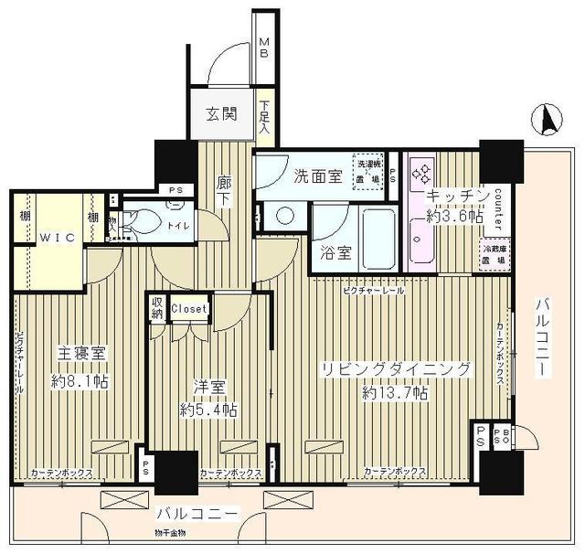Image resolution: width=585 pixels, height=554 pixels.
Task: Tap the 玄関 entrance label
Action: click(221, 114)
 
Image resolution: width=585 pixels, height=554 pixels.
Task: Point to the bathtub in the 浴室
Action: click(377, 235)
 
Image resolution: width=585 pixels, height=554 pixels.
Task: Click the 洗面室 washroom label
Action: click(318, 176)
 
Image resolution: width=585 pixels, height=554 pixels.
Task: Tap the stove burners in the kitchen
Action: click(422, 171)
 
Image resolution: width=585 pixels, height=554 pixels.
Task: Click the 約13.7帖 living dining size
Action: click(394, 392)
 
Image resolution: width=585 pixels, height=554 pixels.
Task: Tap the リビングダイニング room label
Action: click(394, 369)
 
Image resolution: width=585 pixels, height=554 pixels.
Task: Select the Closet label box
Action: click(189, 309)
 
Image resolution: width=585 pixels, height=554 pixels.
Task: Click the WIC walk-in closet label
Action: click(54, 235)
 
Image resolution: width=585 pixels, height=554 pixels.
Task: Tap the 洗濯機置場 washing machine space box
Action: click(368, 171)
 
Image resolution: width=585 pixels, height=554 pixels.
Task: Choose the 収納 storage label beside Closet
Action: click(157, 309)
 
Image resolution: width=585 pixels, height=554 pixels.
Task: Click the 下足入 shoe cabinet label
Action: click(264, 117)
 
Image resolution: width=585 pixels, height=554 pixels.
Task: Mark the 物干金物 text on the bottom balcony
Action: click(170, 532)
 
